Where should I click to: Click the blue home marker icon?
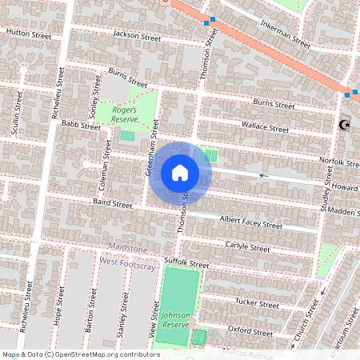[180, 173]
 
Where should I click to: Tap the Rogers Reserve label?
[126, 113]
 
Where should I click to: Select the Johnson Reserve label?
[175, 319]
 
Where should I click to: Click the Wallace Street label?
[266, 126]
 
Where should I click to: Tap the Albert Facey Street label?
[252, 223]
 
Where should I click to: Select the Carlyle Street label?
[247, 248]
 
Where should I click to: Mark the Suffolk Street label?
[186, 263]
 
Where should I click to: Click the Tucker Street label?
[256, 303]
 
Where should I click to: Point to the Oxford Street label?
[251, 329]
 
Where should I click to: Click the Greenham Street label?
[151, 148]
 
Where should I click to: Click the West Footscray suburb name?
[126, 261]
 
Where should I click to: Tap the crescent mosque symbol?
[346, 125]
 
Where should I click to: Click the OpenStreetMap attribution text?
[80, 354]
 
